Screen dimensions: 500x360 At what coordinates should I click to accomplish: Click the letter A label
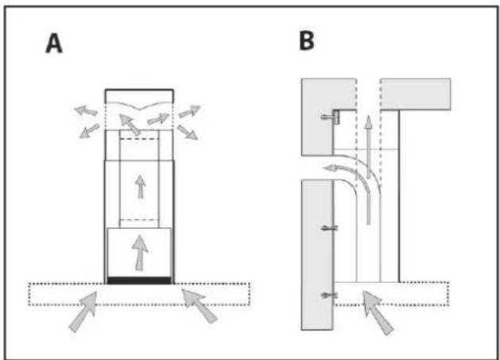pos(54,44)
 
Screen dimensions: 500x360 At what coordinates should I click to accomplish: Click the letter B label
pos(307,41)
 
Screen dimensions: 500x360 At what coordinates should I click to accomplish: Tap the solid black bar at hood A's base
pos(139,281)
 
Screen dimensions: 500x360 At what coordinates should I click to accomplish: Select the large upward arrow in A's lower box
pos(140,253)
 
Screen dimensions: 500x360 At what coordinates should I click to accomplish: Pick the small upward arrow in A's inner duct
pos(140,187)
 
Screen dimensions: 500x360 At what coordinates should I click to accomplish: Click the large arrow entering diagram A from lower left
pos(83,312)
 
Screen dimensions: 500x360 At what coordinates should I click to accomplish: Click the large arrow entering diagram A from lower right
pos(199,305)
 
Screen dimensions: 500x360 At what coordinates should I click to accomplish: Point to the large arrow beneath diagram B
pos(378,312)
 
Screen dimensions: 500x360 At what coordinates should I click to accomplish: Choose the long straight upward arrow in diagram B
pos(368,147)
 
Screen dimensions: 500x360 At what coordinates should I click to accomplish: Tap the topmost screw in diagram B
pos(330,117)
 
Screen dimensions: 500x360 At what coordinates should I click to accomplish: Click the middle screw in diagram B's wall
pos(329,228)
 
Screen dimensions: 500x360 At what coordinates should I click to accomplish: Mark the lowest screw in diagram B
pos(329,296)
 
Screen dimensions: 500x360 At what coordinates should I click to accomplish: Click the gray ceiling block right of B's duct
pos(416,94)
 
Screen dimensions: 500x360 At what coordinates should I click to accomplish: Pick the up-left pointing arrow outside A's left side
pos(86,110)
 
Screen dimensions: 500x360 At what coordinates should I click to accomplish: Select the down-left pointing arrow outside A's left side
pos(89,131)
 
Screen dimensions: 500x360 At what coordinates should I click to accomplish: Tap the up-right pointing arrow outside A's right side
pos(189,111)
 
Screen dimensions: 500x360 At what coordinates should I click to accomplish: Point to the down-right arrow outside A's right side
pos(188,132)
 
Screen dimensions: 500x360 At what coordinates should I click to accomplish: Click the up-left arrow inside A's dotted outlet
pos(130,124)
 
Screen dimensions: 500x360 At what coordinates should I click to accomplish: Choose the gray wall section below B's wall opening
pos(317,254)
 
